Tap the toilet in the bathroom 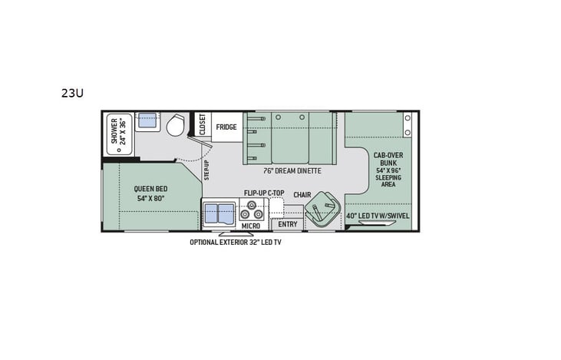tap(174, 125)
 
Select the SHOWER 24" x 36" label tap(119, 131)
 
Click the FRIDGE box tap(226, 127)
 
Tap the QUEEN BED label tap(152, 188)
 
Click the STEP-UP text tap(206, 170)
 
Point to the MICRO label tap(250, 226)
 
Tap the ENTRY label tap(287, 225)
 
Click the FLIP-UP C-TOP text tap(264, 193)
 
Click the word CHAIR tap(302, 195)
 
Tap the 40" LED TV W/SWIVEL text tap(378, 216)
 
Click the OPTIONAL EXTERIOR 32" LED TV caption tap(241, 242)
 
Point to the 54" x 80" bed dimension tap(152, 198)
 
